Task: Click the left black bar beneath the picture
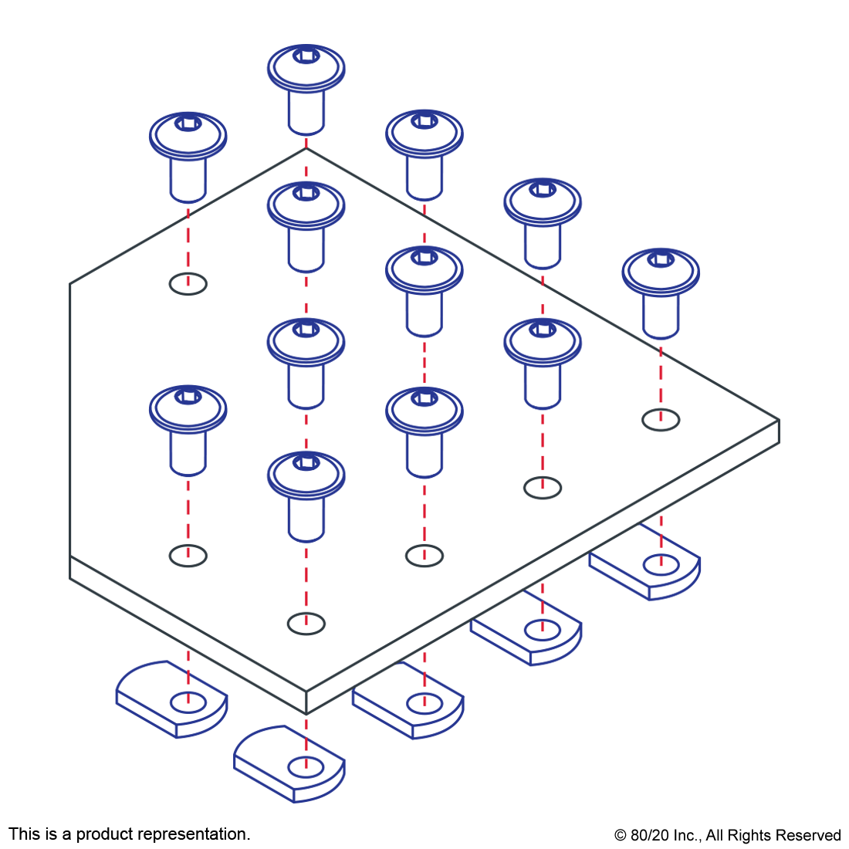coord(129,835)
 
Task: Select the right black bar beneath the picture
coord(727,837)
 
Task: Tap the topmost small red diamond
coord(306,142)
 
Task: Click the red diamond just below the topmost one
coord(306,168)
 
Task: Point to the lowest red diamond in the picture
coord(306,766)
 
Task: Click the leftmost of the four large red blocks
coord(184,509)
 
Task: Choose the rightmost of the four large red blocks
coord(546,443)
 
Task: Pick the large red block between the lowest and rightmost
coord(427,511)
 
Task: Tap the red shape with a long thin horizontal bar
coord(306,293)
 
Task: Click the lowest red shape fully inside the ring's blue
coord(306,429)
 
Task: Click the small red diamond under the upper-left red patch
coord(188,282)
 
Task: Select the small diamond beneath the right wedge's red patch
coord(661,418)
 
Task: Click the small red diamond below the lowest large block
coord(306,622)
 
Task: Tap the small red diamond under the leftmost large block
coord(188,554)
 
